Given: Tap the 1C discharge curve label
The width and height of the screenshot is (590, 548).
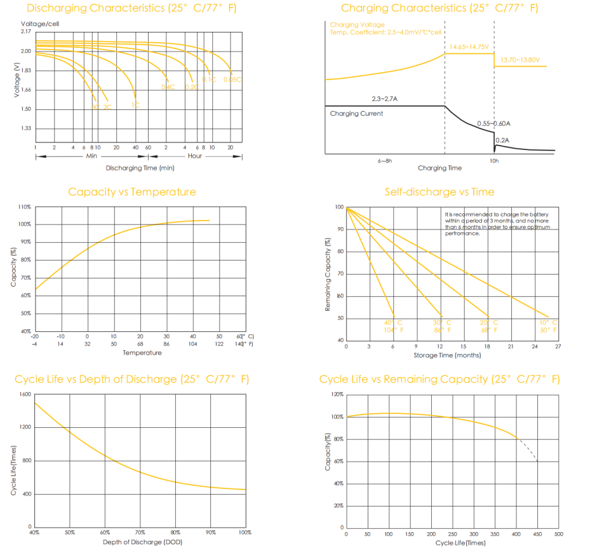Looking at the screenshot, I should click(x=136, y=105).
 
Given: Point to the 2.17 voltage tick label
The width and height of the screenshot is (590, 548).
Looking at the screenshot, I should click(x=25, y=31).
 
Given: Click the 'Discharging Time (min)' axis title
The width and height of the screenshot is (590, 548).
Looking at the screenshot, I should click(x=140, y=168).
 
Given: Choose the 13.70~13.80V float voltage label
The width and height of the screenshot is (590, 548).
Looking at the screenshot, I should click(x=520, y=60).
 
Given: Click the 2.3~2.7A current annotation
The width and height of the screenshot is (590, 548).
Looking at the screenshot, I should click(x=384, y=99).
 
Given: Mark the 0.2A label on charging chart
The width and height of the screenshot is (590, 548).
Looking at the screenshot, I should click(x=502, y=140).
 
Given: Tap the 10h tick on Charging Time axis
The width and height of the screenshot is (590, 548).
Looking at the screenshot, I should click(x=495, y=161).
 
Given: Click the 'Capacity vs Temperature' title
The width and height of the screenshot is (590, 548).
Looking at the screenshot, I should click(x=132, y=192).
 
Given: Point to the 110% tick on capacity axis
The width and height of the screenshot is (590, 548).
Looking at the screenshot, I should click(x=24, y=207).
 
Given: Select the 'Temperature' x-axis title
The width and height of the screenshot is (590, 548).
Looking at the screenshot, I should click(x=138, y=352).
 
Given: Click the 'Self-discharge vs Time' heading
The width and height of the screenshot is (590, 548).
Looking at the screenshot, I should click(x=439, y=192).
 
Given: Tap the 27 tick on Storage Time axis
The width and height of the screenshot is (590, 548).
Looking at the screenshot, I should click(x=558, y=346).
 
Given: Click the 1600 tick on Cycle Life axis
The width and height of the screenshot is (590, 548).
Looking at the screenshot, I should click(x=25, y=394).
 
